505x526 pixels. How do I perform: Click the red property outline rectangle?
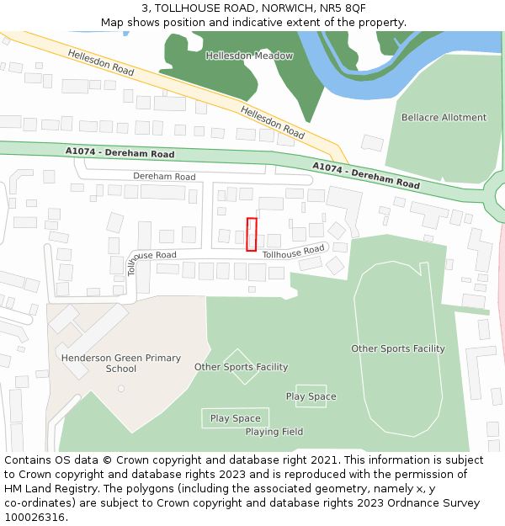pos(251,234)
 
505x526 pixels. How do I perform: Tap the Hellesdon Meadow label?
pos(249,56)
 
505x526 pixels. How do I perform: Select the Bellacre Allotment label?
pos(444,118)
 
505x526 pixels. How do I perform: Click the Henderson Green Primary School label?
pos(121,364)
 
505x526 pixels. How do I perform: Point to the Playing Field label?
pos(274,432)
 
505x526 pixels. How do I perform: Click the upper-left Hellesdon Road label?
pos(101,62)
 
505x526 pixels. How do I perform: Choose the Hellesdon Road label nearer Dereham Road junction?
pos(272,122)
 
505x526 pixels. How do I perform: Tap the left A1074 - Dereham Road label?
pos(120,153)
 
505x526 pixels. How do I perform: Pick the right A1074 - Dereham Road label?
pos(366,175)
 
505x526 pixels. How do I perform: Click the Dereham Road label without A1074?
pos(164,177)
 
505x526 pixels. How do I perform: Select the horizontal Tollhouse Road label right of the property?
pos(293,252)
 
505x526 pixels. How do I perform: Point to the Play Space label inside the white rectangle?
pos(236,418)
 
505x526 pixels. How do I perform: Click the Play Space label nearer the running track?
pos(311,396)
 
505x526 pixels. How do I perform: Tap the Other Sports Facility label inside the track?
pos(398,348)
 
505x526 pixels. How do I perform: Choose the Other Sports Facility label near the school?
pos(241,367)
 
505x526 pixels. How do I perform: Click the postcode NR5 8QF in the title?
pos(343,8)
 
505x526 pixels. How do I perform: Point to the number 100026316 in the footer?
pos(34,518)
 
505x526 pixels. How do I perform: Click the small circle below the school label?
pos(121,389)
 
